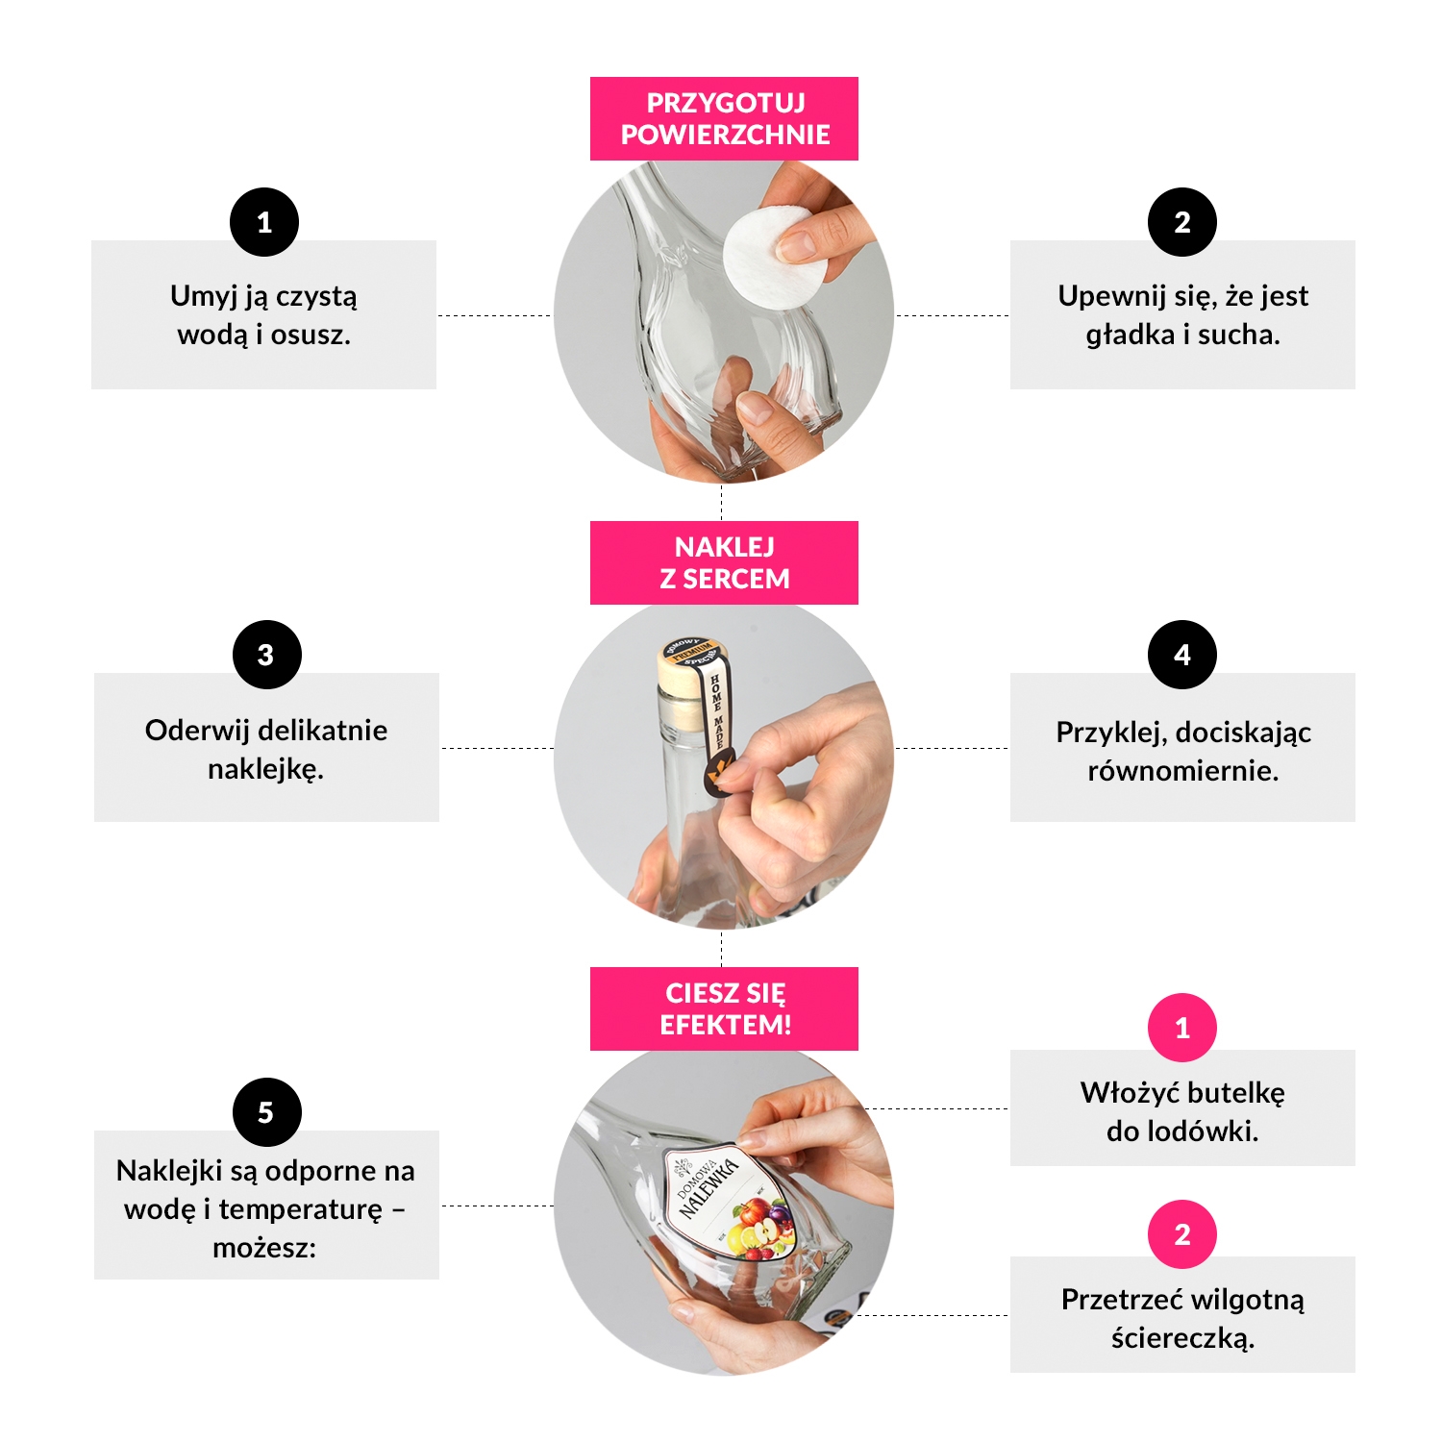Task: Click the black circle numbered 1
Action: coord(264,222)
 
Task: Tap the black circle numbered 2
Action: coord(1182,222)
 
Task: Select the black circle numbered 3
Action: coord(267,655)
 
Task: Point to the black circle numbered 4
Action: coord(1182,655)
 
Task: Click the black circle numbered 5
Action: coord(267,1112)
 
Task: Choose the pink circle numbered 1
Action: coord(1182,1028)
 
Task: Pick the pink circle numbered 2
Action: coord(1182,1234)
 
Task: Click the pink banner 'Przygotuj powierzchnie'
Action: coord(724,118)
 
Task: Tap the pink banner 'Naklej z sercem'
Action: coord(724,562)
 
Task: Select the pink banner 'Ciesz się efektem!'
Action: coord(724,1008)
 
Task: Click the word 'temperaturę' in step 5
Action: coord(301,1209)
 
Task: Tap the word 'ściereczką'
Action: coord(1182,1338)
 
